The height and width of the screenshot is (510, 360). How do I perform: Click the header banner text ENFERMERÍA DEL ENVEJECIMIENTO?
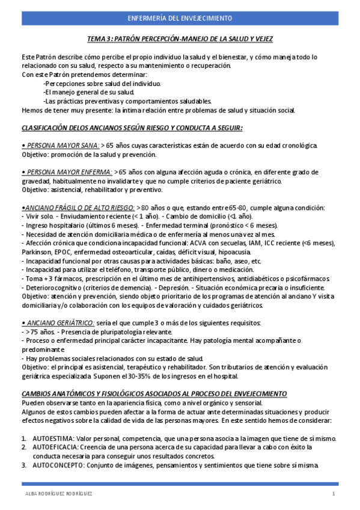tap(180, 18)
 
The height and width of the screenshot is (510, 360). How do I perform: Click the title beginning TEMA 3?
tap(180, 39)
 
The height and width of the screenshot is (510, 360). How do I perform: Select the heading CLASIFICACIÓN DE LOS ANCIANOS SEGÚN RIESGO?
tap(132, 128)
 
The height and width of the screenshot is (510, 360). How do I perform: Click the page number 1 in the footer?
tap(333, 494)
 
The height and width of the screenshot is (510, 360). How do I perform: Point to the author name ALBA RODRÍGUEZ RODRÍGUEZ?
tap(59, 494)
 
